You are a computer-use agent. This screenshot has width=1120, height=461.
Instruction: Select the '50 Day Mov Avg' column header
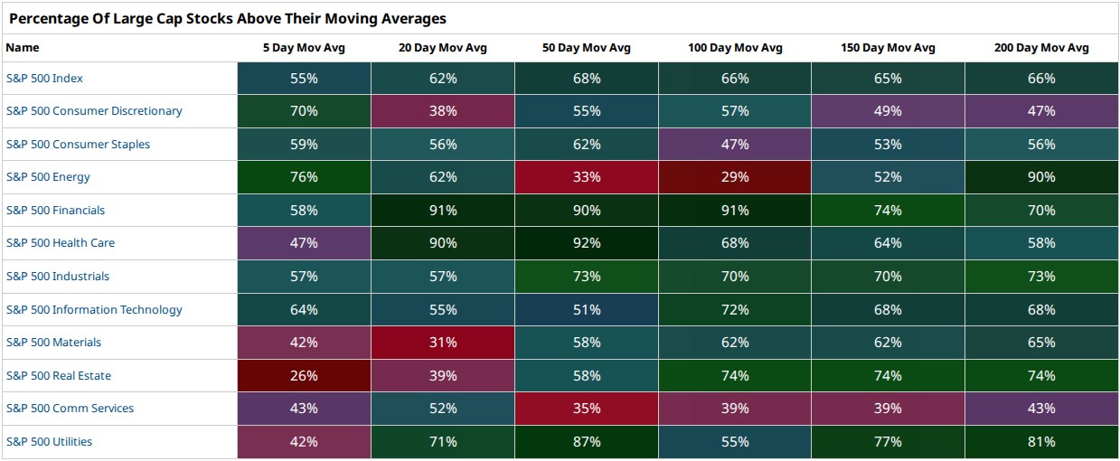pyautogui.click(x=587, y=48)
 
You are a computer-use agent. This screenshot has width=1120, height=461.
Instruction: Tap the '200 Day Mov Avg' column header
pyautogui.click(x=1041, y=48)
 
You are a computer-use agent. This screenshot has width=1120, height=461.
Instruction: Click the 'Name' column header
pyautogui.click(x=23, y=48)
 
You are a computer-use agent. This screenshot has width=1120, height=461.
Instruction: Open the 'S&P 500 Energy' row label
pyautogui.click(x=48, y=177)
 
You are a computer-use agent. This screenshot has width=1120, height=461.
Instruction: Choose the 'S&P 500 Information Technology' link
pyautogui.click(x=94, y=310)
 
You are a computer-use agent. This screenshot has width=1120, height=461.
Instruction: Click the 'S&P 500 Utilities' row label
pyautogui.click(x=49, y=441)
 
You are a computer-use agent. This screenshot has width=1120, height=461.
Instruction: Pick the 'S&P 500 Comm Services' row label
pyautogui.click(x=70, y=408)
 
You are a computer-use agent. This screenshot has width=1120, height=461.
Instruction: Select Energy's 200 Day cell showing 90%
pyautogui.click(x=1041, y=177)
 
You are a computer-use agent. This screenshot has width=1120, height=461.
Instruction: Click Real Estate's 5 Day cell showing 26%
pyautogui.click(x=304, y=375)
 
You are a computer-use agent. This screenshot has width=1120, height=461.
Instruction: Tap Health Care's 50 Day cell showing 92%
pyautogui.click(x=587, y=243)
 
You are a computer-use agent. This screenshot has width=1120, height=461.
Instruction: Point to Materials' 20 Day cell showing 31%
pyautogui.click(x=443, y=343)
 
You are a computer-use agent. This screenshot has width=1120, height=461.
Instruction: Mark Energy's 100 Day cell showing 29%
pyautogui.click(x=735, y=177)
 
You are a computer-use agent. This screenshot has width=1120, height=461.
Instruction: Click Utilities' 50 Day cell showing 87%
pyautogui.click(x=587, y=441)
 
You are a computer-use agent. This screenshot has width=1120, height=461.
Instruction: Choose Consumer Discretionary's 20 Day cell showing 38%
pyautogui.click(x=443, y=111)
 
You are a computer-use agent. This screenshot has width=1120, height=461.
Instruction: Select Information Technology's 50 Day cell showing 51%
pyautogui.click(x=587, y=310)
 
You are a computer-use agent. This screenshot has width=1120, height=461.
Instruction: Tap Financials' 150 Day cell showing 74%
pyautogui.click(x=888, y=210)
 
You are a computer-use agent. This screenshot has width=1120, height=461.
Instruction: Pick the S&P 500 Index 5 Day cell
pyautogui.click(x=304, y=79)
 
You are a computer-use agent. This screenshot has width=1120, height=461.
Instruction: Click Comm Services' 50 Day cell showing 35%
pyautogui.click(x=587, y=408)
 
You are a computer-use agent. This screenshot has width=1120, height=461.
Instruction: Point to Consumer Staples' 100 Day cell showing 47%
pyautogui.click(x=735, y=144)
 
